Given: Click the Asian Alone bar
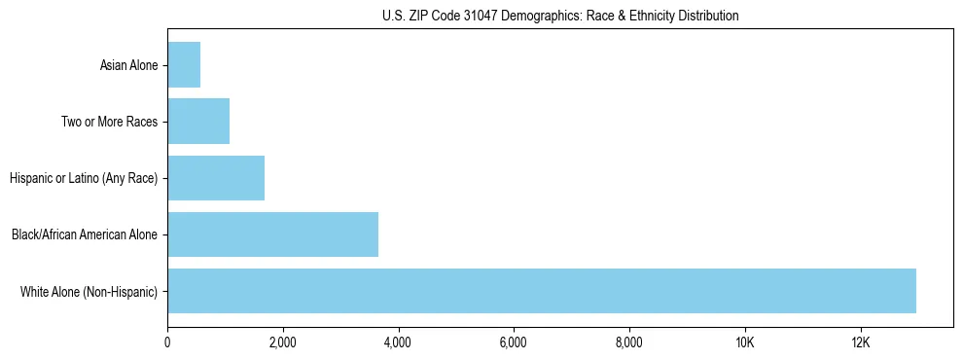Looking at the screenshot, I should click(x=184, y=65).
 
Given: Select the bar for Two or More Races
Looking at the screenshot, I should click(x=198, y=122).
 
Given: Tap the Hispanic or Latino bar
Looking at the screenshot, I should click(x=216, y=178).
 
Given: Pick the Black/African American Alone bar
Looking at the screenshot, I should click(x=272, y=234).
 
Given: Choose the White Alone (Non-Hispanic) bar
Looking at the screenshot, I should click(x=542, y=291).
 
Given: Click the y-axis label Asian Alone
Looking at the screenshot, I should click(x=128, y=66).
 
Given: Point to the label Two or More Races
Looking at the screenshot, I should click(x=109, y=123).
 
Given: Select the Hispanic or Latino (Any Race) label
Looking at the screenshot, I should click(x=84, y=179).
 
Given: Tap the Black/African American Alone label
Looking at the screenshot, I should click(x=85, y=235).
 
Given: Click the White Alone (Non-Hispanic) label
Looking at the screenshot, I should click(x=89, y=292).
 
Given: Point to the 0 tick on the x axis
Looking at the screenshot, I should click(x=167, y=342).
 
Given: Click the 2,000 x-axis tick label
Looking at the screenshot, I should click(x=283, y=342).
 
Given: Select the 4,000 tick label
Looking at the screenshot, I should click(x=398, y=342).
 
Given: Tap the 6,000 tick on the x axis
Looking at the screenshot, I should click(x=514, y=342).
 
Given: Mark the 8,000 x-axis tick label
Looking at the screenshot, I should click(x=629, y=342).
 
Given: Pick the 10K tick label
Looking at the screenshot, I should click(x=744, y=342).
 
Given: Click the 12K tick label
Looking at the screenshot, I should click(x=860, y=342).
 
